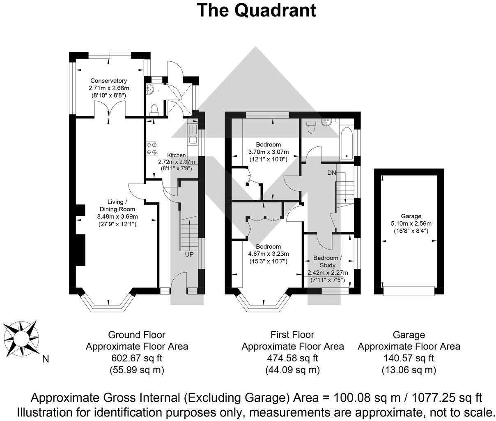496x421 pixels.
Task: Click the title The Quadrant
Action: [x=257, y=10]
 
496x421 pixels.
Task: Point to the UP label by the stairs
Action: [x=189, y=254]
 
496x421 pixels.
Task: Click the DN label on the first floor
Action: [x=332, y=173]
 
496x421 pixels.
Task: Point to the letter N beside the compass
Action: [x=46, y=359]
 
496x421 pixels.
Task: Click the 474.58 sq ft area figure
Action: [x=292, y=358]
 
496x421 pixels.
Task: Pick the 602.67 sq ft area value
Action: [x=137, y=358]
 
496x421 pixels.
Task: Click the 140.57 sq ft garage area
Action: [x=408, y=358]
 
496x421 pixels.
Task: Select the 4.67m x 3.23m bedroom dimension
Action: [x=269, y=254]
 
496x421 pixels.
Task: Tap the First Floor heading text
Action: [x=292, y=335]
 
